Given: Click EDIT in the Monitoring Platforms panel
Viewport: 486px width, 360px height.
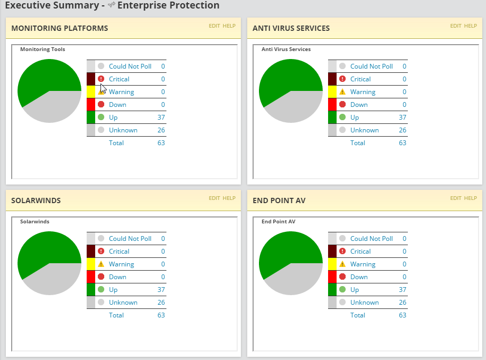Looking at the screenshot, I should click(214, 26).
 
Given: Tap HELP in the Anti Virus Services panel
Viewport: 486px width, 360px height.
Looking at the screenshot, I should click(471, 26).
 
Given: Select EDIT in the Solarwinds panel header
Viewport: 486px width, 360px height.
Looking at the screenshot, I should click(214, 198).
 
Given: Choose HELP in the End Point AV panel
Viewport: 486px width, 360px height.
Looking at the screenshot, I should click(471, 198).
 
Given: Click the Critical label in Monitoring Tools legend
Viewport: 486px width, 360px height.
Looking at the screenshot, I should click(119, 79).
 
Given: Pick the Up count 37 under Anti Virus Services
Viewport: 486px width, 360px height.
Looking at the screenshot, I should click(403, 118).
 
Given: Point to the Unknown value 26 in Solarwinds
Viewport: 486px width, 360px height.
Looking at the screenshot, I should click(161, 303).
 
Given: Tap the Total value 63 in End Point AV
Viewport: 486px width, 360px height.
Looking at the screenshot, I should click(403, 315).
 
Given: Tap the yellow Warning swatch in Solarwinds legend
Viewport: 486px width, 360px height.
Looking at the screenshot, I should click(91, 264).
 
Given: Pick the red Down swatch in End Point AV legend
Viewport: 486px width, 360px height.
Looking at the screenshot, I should click(332, 277).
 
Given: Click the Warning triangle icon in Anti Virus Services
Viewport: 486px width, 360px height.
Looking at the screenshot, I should click(342, 92).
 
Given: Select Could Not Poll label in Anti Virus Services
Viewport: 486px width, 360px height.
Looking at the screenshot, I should click(371, 66).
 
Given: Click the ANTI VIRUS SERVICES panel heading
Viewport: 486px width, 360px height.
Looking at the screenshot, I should click(291, 28).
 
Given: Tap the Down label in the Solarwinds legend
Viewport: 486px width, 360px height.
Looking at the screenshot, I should click(118, 277).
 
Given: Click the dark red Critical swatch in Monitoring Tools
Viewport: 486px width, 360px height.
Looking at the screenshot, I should click(91, 79).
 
